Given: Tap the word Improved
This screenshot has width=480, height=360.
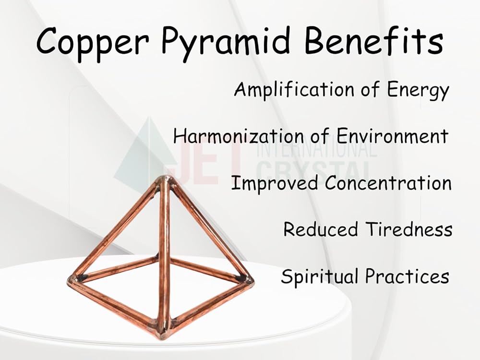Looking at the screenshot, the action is pyautogui.click(x=274, y=183).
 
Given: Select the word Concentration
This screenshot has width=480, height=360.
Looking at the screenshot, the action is pyautogui.click(x=388, y=182).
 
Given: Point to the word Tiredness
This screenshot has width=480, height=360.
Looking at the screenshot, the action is pyautogui.click(x=409, y=229).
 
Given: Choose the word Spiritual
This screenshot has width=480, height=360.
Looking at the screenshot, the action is pyautogui.click(x=320, y=276).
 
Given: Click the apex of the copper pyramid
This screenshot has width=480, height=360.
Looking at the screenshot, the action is pyautogui.click(x=165, y=179).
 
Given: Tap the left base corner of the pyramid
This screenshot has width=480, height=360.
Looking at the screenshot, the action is pyautogui.click(x=72, y=279).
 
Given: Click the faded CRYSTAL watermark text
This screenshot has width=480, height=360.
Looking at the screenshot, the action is pyautogui.click(x=314, y=170).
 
